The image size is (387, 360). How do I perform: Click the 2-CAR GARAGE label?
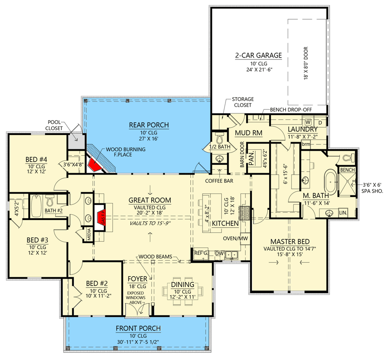(258, 55)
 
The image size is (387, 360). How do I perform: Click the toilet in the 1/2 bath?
(220, 135)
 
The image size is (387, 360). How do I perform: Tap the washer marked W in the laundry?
(309, 122)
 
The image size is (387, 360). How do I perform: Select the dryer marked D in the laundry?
(320, 122)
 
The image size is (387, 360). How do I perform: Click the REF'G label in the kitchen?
(201, 253)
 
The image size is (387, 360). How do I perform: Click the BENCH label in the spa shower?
(348, 170)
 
